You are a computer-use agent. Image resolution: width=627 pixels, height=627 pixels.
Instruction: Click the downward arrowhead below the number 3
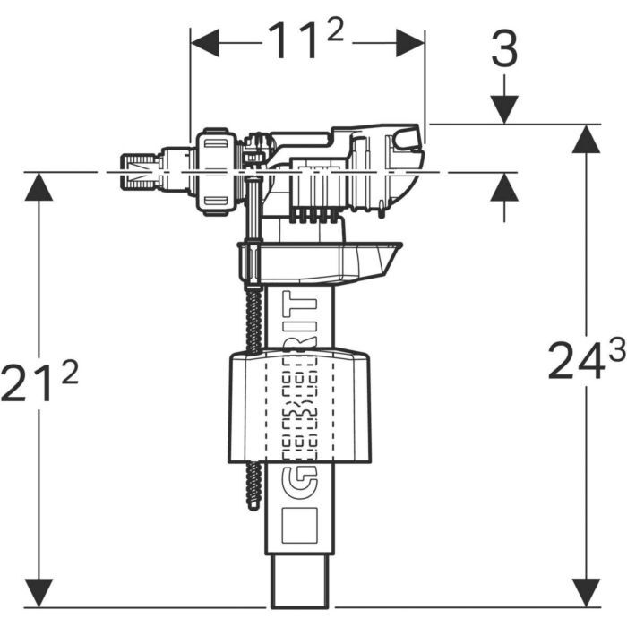pyautogui.click(x=505, y=109)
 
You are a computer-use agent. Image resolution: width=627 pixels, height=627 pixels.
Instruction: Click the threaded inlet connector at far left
pyautogui.click(x=135, y=170)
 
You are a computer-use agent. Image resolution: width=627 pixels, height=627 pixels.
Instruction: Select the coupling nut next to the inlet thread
pyautogui.click(x=215, y=170)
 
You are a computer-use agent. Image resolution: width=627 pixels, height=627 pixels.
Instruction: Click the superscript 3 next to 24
pyautogui.click(x=616, y=352)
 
